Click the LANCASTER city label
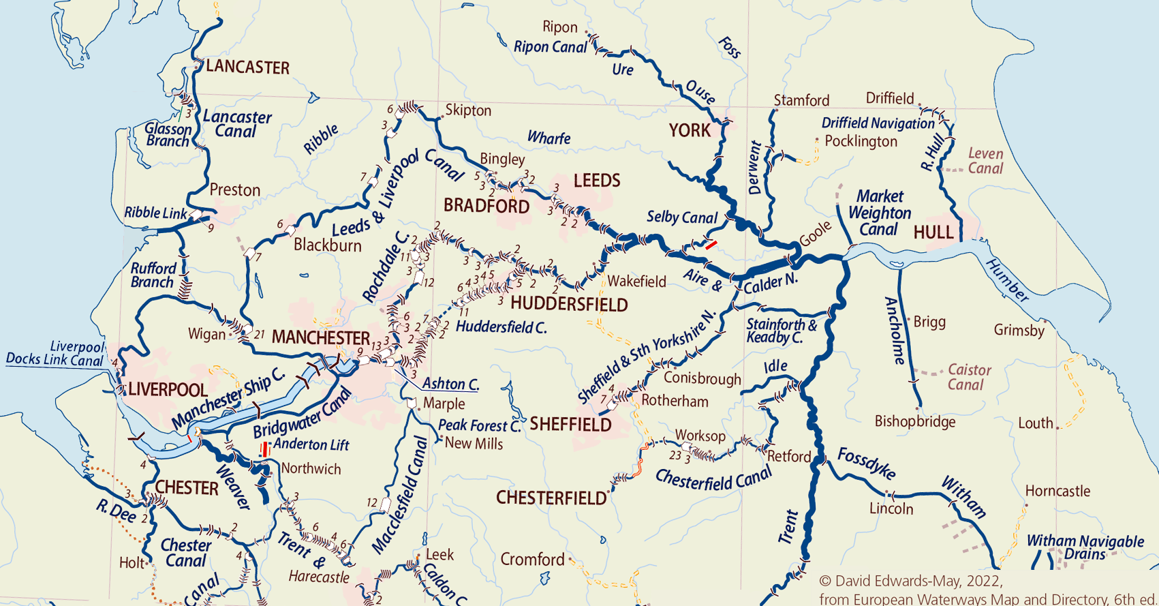(x=247, y=67)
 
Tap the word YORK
(x=690, y=130)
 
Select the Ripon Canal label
(x=550, y=47)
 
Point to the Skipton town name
(x=468, y=110)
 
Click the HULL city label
(x=933, y=232)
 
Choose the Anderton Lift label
(x=311, y=445)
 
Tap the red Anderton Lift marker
(x=264, y=449)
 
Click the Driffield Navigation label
(x=878, y=123)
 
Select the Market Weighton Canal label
(x=879, y=213)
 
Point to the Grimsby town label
(x=1019, y=331)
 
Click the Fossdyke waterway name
(x=866, y=464)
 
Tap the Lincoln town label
(x=891, y=509)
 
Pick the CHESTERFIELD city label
(x=551, y=498)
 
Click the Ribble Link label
(x=155, y=213)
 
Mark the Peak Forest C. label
(x=479, y=425)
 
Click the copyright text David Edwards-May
(x=910, y=581)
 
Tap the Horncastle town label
(x=1057, y=491)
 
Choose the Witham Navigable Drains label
(x=1085, y=547)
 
